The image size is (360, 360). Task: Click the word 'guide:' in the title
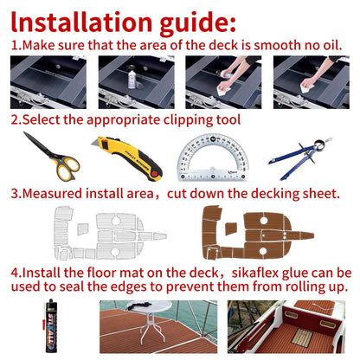coord(197,22)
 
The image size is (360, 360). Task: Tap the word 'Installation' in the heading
coord(81,22)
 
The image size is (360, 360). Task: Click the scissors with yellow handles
coord(52,157)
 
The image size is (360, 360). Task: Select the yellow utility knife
coord(127,158)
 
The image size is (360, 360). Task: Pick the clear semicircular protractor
coord(213,157)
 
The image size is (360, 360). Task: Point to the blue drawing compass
coord(300,157)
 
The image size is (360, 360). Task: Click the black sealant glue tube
coord(51,325)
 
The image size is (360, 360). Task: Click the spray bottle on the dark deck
coord(132,76)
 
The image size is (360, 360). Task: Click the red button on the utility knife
coord(155,174)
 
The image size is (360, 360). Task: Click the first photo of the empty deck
coord(48,82)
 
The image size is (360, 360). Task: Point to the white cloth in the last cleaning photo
coord(307,88)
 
